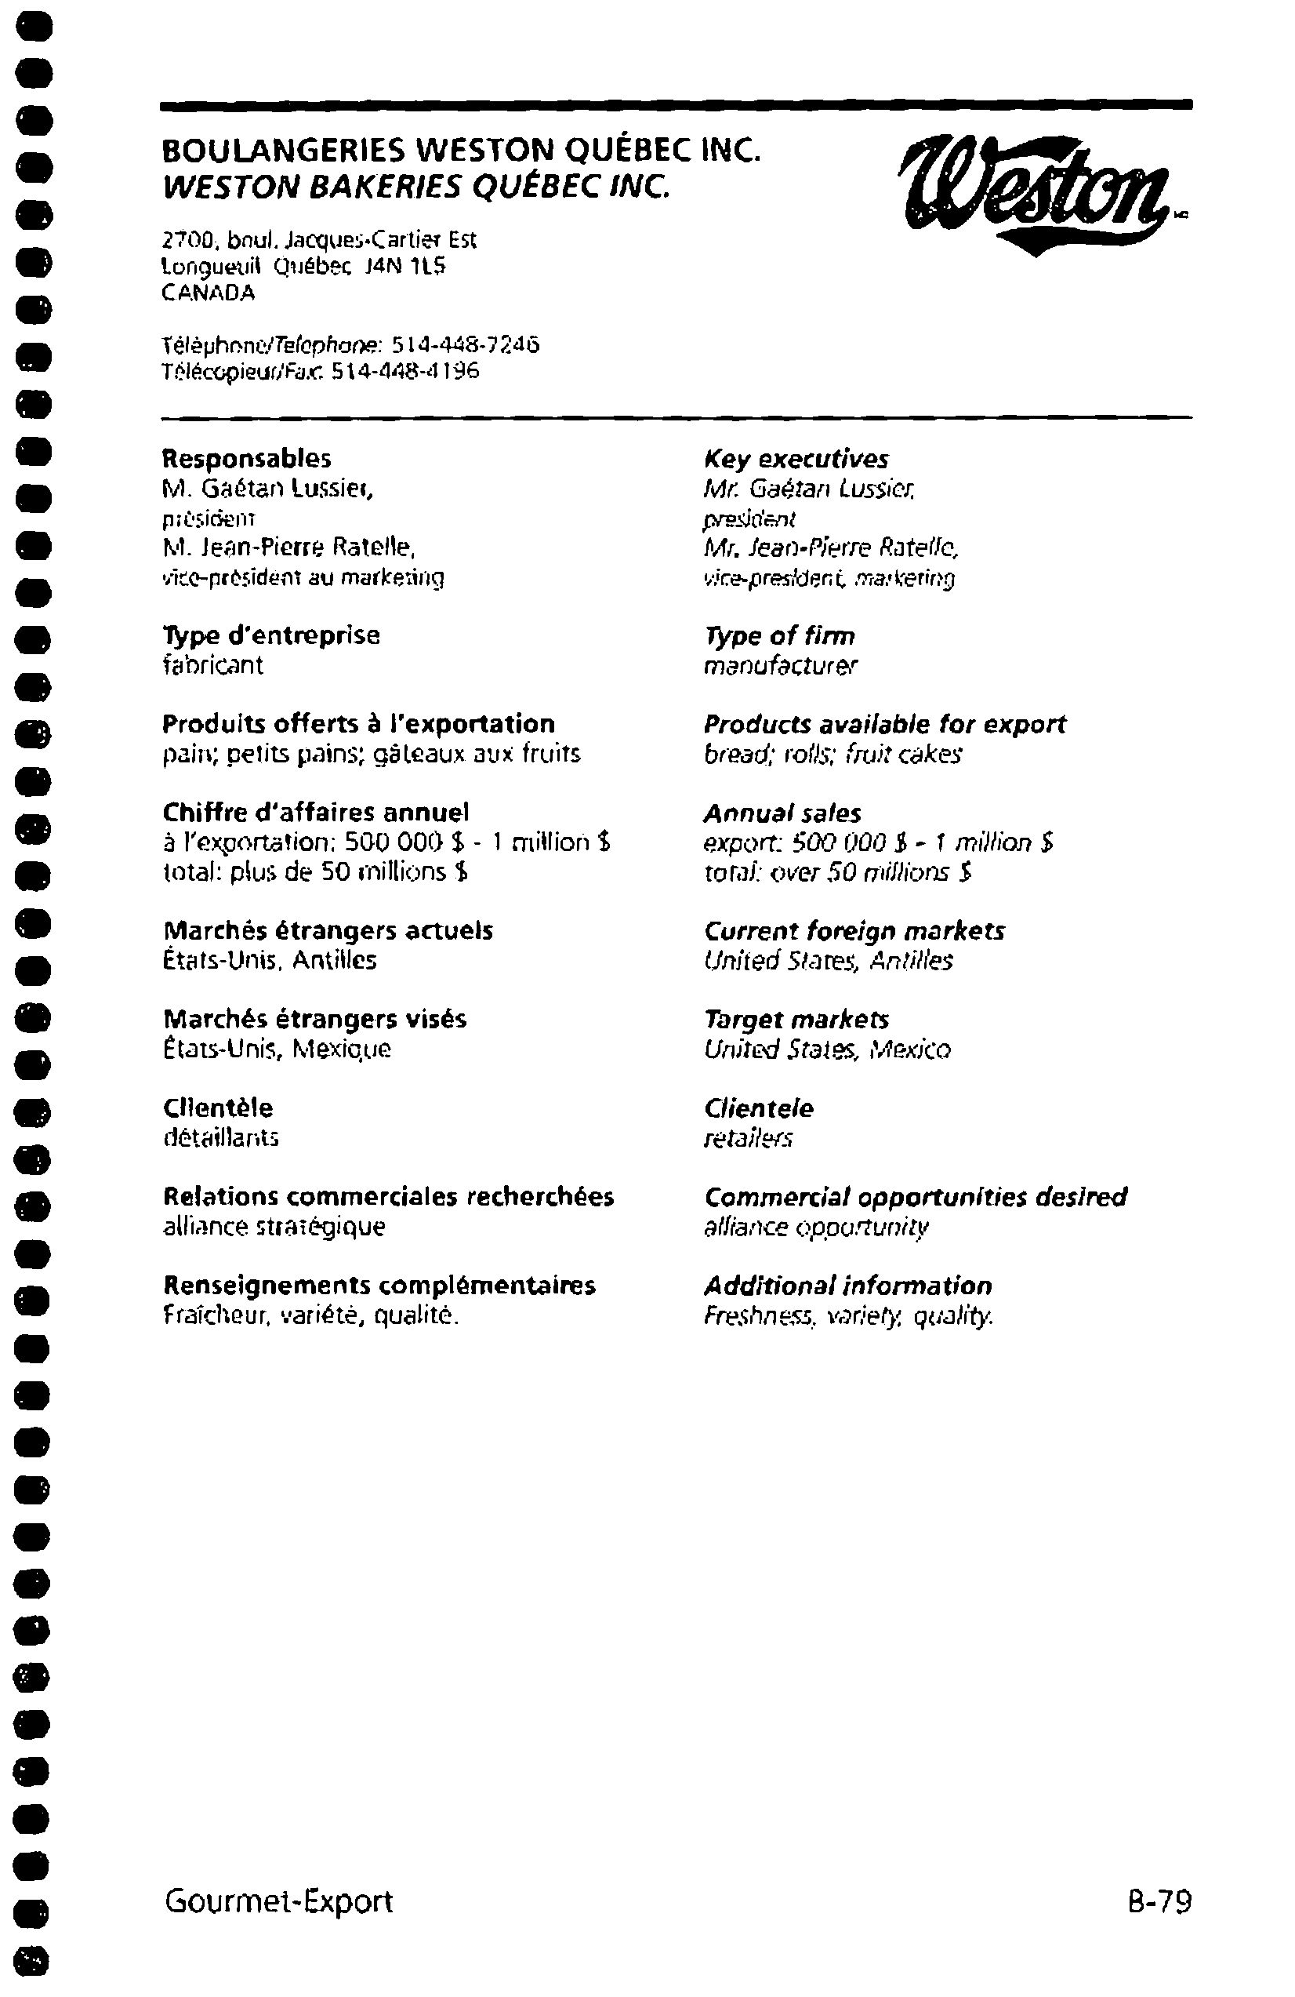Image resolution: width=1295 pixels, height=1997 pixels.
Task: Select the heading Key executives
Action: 796,459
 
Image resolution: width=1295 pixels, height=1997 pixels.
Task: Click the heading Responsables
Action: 247,459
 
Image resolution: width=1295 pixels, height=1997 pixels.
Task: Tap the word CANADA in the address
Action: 208,293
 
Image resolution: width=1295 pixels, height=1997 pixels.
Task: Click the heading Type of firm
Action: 779,636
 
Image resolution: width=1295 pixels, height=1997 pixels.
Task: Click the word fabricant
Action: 212,664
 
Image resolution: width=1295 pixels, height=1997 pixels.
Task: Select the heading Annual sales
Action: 782,813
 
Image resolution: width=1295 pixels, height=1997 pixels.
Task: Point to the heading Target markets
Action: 796,1020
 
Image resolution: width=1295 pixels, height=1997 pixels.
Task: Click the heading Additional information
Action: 848,1286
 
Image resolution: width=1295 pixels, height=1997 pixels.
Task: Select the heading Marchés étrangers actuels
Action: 328,930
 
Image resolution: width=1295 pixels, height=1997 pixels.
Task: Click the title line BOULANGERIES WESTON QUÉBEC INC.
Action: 461,151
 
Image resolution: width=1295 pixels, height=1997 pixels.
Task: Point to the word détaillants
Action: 220,1138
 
